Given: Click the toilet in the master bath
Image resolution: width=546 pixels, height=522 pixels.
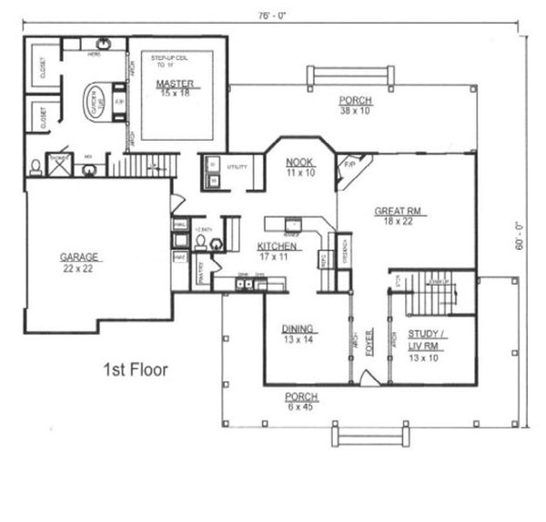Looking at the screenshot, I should click(35, 166).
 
